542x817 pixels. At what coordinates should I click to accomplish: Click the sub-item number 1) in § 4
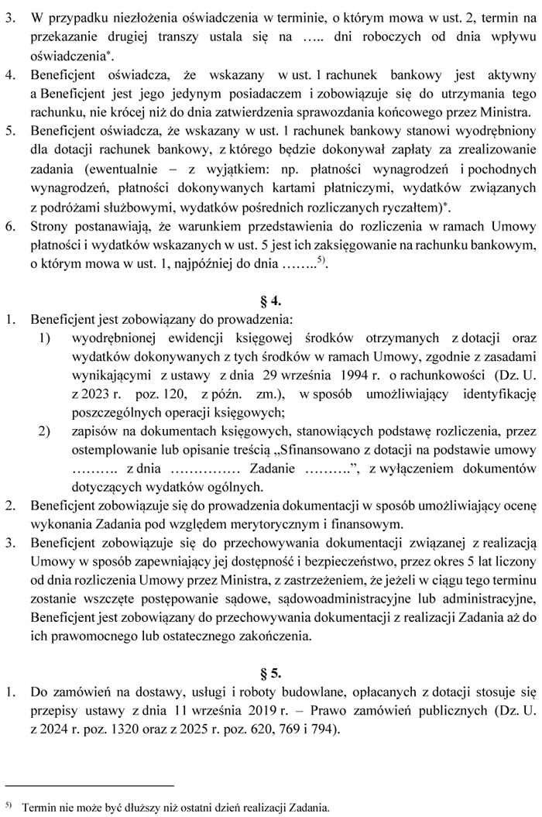(x=45, y=338)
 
